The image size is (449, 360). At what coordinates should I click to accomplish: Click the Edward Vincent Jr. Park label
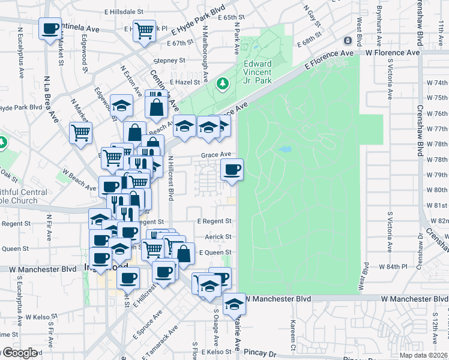pyautogui.click(x=258, y=72)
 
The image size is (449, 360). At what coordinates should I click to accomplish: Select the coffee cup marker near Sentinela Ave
pyautogui.click(x=50, y=28)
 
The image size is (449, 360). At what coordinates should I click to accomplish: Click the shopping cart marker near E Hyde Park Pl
pyautogui.click(x=144, y=30)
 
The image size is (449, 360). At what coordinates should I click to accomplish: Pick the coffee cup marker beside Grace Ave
pyautogui.click(x=232, y=170)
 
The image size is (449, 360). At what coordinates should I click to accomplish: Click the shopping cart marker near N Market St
pyautogui.click(x=80, y=133)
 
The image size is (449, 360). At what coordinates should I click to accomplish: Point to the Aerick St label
pyautogui.click(x=218, y=237)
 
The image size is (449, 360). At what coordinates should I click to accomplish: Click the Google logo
pyautogui.click(x=19, y=353)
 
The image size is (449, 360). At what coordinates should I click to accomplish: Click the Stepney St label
pyautogui.click(x=169, y=61)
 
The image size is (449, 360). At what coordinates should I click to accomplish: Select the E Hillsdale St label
pyautogui.click(x=124, y=11)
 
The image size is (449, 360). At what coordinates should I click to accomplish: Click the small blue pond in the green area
pyautogui.click(x=285, y=148)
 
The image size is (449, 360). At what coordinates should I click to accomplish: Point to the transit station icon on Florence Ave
pyautogui.click(x=347, y=41)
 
